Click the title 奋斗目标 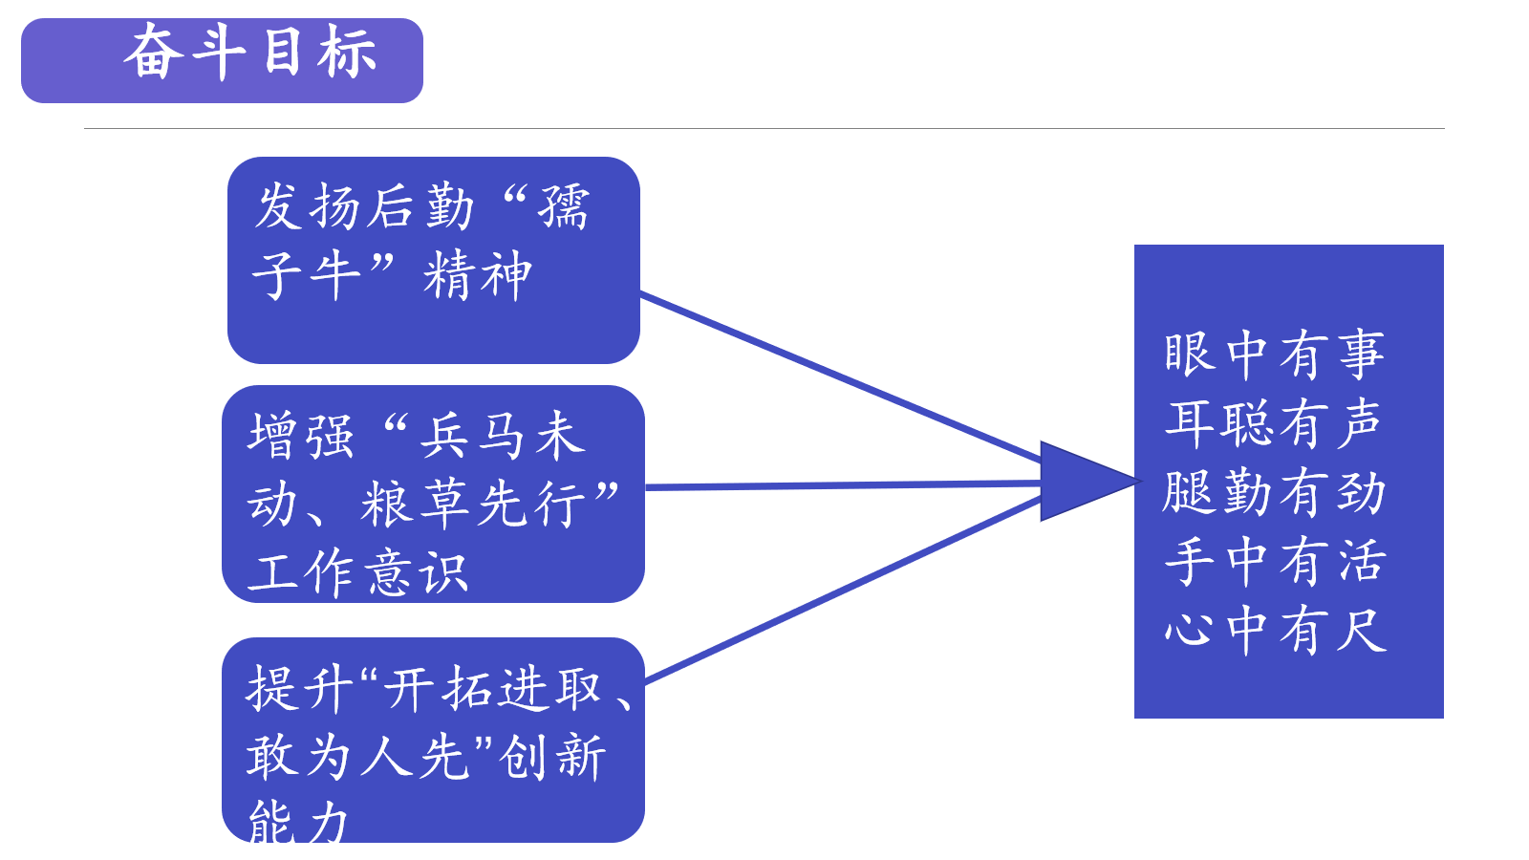[x=250, y=54]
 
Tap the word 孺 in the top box [x=564, y=207]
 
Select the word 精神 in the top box [x=478, y=276]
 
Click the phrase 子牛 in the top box [x=306, y=276]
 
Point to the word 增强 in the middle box [x=301, y=437]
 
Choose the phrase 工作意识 [x=357, y=573]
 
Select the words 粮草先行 [x=474, y=505]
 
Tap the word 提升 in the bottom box [x=299, y=689]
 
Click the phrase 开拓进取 [x=493, y=689]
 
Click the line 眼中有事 [x=1275, y=355]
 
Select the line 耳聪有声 [x=1275, y=423]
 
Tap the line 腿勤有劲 [x=1275, y=492]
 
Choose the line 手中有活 [x=1275, y=561]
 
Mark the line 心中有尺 [x=1275, y=631]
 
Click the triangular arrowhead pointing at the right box [x=1080, y=482]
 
